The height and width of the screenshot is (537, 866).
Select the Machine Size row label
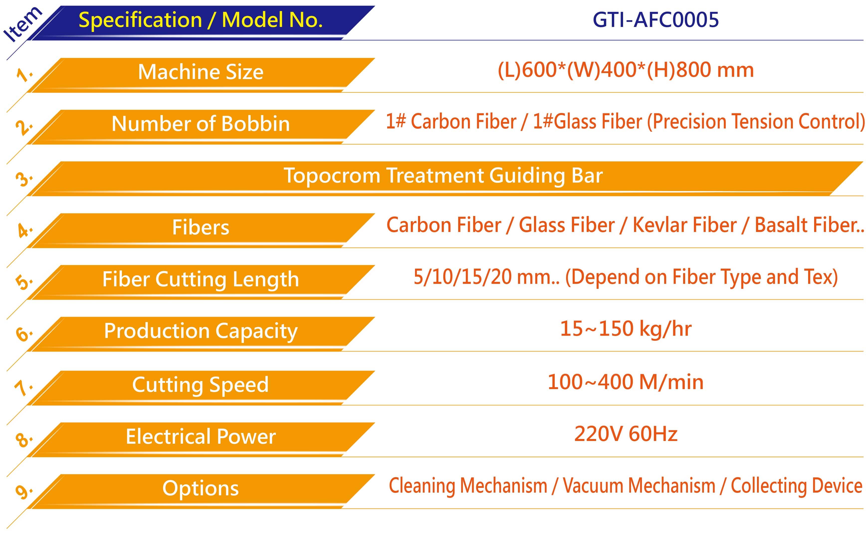point(201,72)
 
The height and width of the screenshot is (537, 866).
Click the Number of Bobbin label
point(201,124)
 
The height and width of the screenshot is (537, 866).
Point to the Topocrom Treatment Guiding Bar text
point(443,176)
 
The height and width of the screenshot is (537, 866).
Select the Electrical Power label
point(201,436)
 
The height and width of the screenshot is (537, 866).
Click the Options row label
point(201,489)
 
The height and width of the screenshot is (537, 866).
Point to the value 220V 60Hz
point(626,434)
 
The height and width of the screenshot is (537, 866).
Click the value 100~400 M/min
point(626,382)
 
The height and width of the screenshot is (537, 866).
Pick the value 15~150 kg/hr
point(626,329)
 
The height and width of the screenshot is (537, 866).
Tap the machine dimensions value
point(626,70)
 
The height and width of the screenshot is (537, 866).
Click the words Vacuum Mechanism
point(639,486)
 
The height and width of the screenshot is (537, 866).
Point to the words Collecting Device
point(796,486)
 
